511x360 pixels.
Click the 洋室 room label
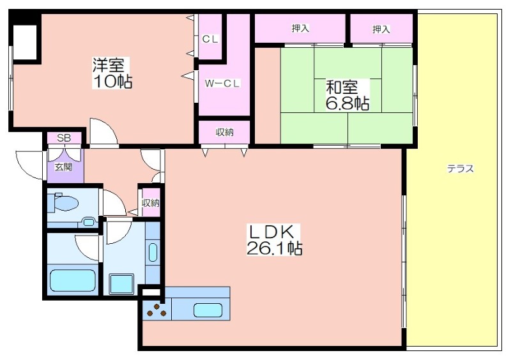[x=108, y=64]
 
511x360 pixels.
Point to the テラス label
[x=460, y=169]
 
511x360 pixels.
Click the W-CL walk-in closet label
[x=222, y=84]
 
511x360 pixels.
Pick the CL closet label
[x=210, y=39]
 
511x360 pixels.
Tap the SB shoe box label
[x=64, y=138]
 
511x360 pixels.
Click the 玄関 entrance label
[x=63, y=167]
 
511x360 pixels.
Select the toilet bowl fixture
[x=63, y=203]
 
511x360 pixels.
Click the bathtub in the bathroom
[x=72, y=280]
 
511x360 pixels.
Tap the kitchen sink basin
[x=208, y=310]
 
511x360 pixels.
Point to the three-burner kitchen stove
[x=156, y=310]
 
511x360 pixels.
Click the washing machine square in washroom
[x=121, y=284]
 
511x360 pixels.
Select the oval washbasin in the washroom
[x=153, y=252]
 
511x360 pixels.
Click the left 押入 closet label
[x=300, y=28]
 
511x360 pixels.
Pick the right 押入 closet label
[x=381, y=29]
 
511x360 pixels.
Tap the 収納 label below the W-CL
[x=225, y=132]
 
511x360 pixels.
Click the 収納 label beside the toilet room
[x=151, y=203]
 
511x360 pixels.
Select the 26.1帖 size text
[x=274, y=249]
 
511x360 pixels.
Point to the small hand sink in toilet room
[x=88, y=222]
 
